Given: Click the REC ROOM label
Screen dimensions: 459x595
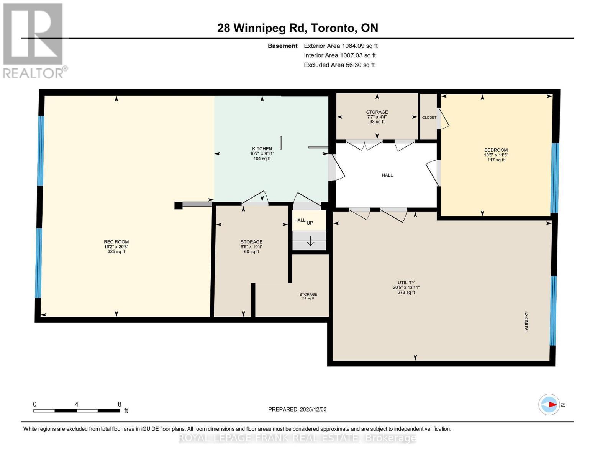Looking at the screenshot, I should coord(116,242).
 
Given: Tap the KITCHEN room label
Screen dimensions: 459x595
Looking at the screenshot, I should coord(262,149).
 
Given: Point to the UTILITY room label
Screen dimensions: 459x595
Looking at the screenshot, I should coord(406,283).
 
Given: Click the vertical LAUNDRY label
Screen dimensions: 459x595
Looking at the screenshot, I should coord(526,322).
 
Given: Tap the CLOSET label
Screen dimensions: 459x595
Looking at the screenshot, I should coord(429,117).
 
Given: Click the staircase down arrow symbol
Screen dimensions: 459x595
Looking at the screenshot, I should coord(310,241).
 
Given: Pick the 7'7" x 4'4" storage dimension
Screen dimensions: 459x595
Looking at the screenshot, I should coord(377,117).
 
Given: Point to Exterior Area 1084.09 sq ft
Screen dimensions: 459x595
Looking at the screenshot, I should coord(341,46).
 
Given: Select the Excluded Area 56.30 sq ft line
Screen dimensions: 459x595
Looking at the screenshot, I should coord(339,65).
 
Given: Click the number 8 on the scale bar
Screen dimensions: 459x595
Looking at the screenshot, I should coord(120,404).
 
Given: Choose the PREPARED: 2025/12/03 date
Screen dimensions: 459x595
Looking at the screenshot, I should coord(297,409).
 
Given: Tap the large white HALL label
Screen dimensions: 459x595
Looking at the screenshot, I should coord(387,175).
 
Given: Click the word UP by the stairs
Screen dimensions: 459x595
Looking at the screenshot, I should coord(310,223).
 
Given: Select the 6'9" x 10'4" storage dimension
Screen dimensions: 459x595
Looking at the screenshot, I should coord(251,247).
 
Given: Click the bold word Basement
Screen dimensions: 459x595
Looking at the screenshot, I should coord(282,46).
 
